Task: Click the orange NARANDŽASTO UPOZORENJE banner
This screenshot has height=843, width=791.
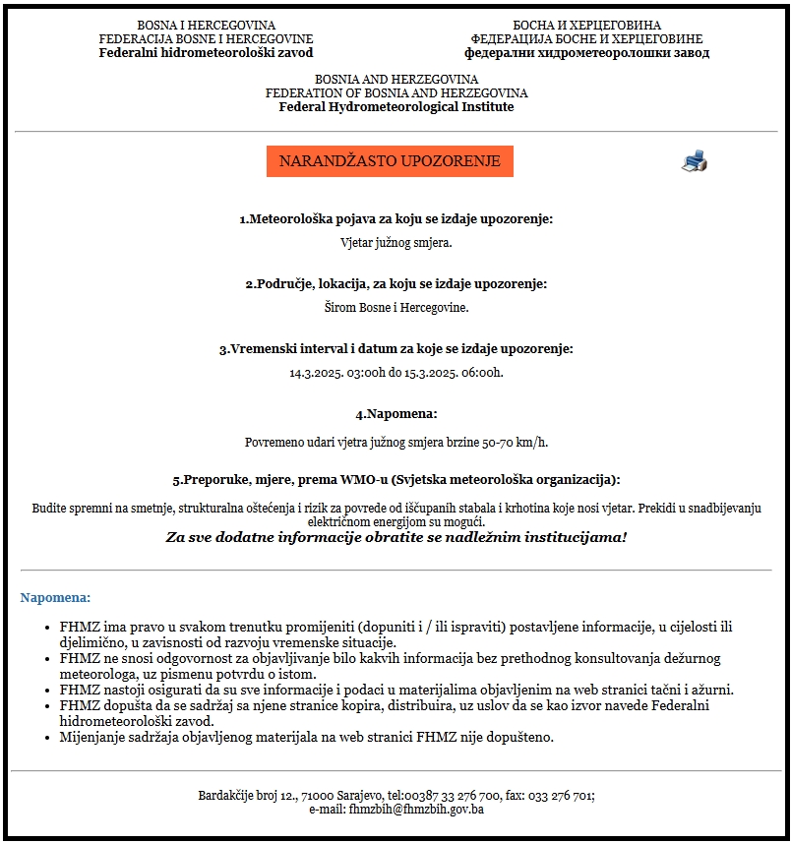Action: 390,161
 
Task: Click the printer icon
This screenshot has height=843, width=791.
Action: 695,161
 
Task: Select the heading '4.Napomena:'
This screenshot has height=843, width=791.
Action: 395,414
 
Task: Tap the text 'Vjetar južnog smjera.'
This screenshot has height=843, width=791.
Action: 395,242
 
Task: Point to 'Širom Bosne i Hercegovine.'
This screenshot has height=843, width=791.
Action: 395,308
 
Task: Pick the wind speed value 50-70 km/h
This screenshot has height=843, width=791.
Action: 516,443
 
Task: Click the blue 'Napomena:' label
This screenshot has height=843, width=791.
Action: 55,597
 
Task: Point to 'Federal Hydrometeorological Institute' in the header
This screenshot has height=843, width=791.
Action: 395,106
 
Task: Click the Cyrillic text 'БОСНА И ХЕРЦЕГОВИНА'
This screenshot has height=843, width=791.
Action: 586,25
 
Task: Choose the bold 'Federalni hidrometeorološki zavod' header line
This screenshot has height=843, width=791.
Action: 206,52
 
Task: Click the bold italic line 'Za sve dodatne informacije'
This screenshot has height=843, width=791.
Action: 395,537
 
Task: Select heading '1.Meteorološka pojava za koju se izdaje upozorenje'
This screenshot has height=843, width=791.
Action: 395,218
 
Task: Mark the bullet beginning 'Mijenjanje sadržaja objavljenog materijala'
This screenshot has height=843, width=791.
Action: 306,737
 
